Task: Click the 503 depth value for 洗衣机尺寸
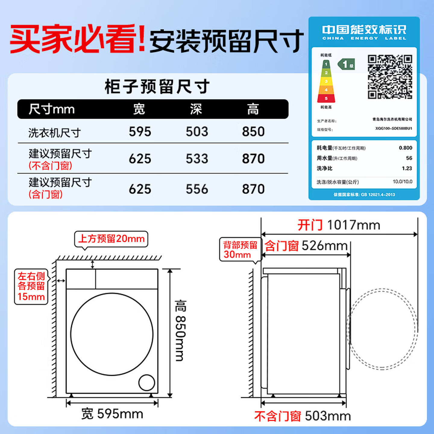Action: [197, 132]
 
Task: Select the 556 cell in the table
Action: [197, 189]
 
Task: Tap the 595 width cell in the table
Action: [140, 132]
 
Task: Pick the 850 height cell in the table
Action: [253, 132]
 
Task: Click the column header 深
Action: [196, 109]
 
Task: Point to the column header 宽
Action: [139, 109]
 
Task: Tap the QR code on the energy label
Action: [390, 77]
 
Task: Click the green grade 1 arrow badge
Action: [346, 64]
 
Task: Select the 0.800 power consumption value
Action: [405, 148]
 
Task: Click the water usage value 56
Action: [409, 158]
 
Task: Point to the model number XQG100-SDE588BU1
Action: [394, 128]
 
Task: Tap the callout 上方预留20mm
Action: [111, 239]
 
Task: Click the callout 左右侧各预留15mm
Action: [31, 286]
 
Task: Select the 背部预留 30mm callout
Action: [240, 250]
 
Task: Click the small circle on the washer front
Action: [146, 382]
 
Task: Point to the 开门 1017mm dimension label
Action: [339, 225]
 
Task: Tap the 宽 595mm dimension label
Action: [112, 414]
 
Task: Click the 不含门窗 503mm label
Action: [302, 416]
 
